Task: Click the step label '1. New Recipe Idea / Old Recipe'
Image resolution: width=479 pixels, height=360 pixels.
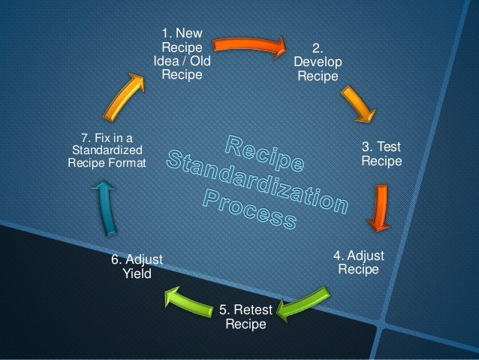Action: (182, 53)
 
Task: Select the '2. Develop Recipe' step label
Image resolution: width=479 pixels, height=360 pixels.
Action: (318, 61)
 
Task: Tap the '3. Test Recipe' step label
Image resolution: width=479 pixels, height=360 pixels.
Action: (381, 153)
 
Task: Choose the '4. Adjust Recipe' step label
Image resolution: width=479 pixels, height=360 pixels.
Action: (358, 262)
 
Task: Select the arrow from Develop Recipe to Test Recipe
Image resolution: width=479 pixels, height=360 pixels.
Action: (360, 103)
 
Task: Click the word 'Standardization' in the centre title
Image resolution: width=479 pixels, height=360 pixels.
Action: (255, 181)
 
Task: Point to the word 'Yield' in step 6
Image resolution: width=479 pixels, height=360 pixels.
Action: (137, 274)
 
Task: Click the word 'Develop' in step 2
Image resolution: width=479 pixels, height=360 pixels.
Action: (318, 61)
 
